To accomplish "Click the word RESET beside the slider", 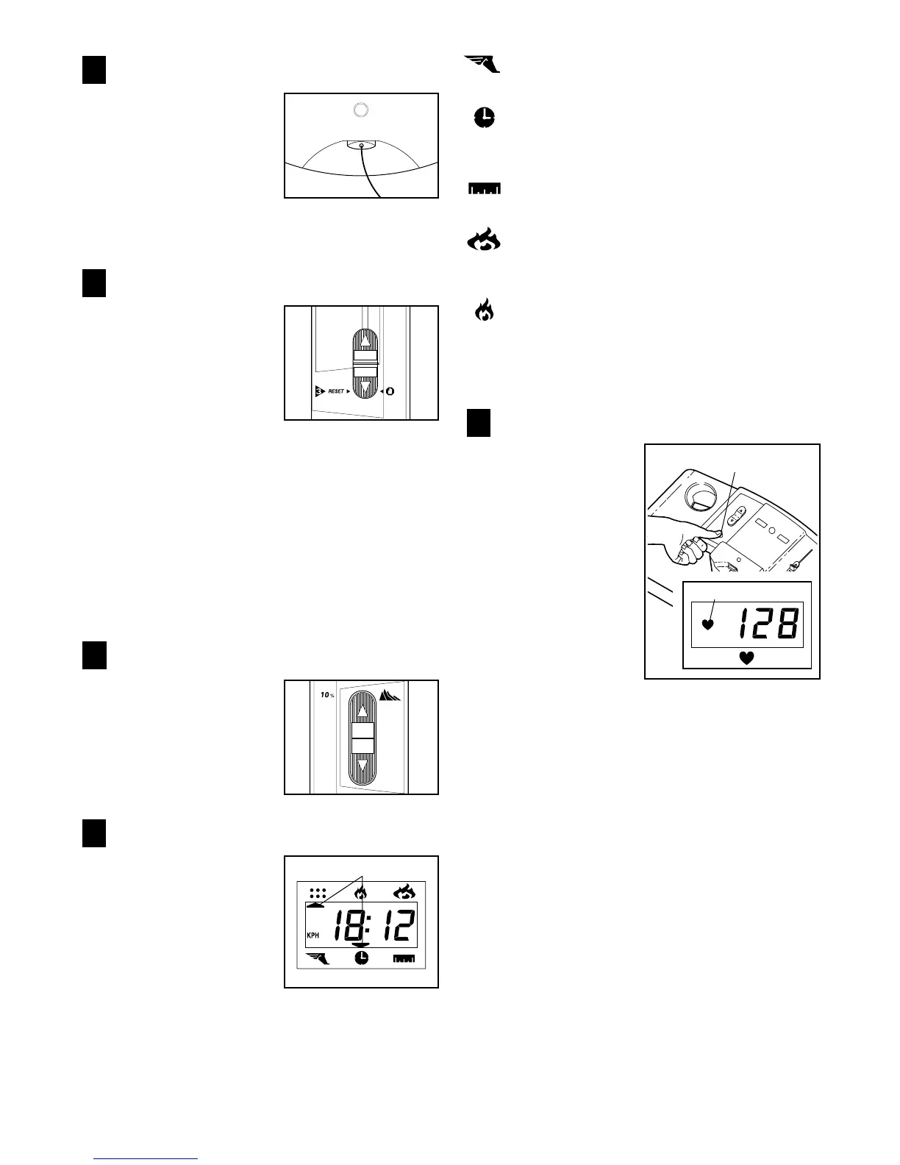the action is point(337,391).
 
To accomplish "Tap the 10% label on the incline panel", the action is point(326,695).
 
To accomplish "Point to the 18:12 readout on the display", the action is point(374,925).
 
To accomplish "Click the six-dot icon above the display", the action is point(318,894).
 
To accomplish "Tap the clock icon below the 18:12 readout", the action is point(361,958).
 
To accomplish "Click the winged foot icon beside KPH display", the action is point(318,958).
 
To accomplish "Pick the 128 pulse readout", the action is point(768,625).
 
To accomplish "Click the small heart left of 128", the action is point(707,625).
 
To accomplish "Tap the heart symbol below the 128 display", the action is point(746,658).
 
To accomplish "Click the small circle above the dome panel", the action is point(360,110).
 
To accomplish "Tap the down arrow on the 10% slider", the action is point(362,769).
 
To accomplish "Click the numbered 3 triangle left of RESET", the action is point(318,391).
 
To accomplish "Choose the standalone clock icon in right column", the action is point(484,117).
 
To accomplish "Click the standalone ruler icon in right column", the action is point(484,189).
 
